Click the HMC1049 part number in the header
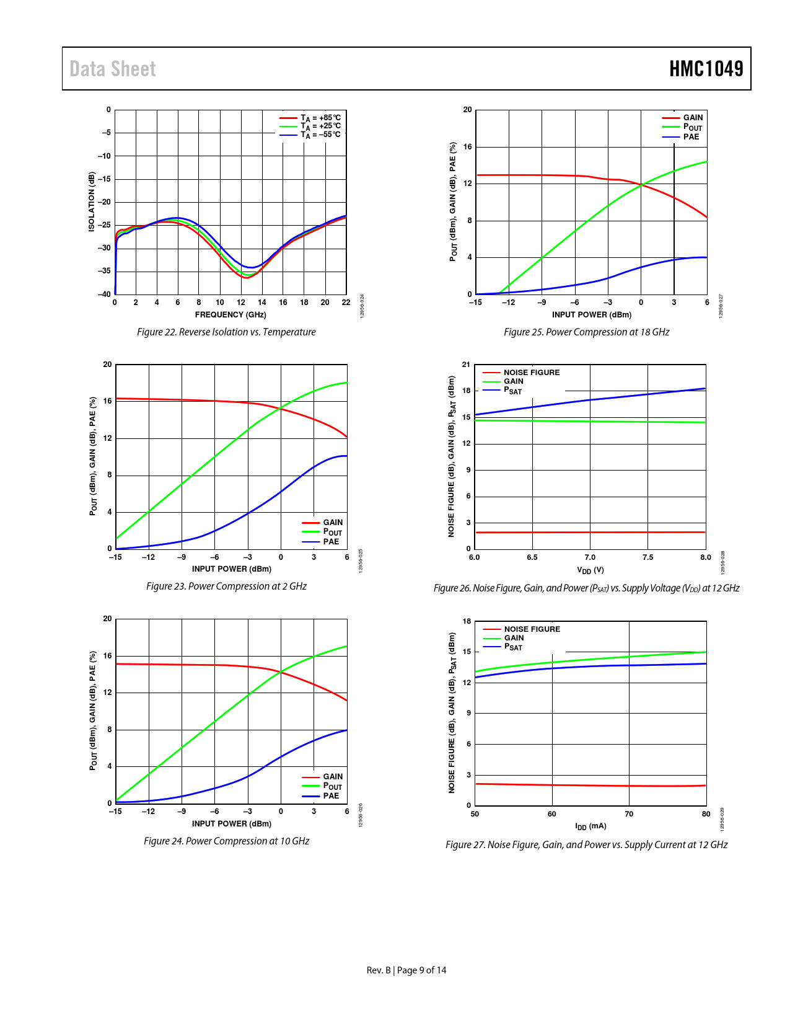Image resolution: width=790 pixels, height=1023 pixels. [706, 69]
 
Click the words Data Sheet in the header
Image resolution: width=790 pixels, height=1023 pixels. [113, 69]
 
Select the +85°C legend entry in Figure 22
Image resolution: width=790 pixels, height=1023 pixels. [320, 118]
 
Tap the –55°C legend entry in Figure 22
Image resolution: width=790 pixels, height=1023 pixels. [320, 135]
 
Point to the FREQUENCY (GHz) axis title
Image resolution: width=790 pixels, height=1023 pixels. [230, 314]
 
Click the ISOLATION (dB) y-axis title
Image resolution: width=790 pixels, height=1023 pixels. [92, 202]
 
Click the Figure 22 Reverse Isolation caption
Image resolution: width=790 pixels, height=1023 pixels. [226, 332]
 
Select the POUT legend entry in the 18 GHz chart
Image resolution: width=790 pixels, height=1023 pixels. [692, 127]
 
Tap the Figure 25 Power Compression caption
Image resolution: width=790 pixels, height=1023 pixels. [586, 332]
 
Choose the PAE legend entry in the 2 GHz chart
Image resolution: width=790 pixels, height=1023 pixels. [331, 542]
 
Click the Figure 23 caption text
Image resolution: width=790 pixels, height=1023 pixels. [226, 587]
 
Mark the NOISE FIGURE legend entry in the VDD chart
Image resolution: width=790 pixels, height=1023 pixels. [531, 373]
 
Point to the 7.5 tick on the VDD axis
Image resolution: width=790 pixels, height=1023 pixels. [647, 557]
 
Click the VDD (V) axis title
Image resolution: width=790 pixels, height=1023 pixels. [590, 570]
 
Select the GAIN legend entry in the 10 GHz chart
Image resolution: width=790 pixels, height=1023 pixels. [332, 777]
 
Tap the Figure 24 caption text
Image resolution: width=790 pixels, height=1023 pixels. [226, 841]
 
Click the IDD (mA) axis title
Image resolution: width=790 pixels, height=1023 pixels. [590, 826]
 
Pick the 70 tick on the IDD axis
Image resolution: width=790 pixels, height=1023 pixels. [629, 814]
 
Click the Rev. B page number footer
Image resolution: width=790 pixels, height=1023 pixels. [406, 970]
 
